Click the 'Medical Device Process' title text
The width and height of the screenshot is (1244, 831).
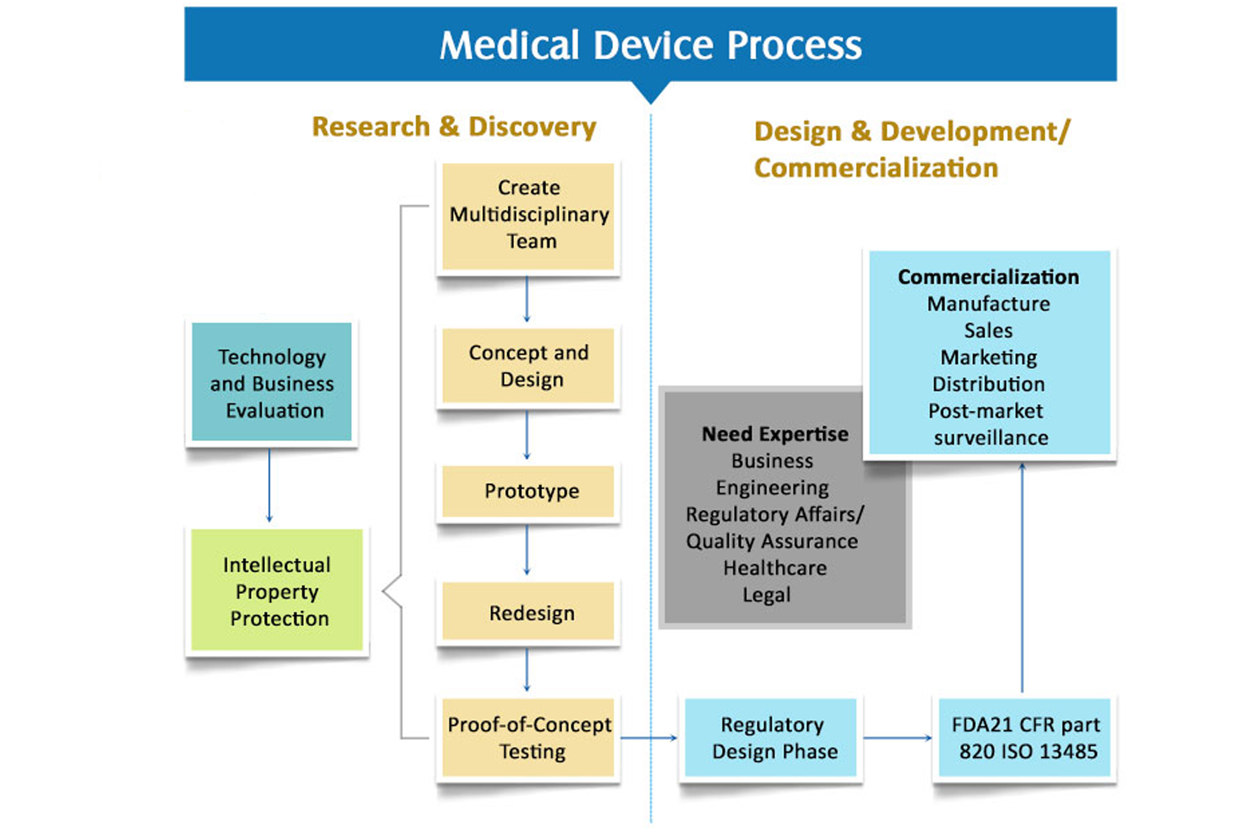650,45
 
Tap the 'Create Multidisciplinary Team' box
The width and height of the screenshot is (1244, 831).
528,216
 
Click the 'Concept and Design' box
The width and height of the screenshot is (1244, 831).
528,366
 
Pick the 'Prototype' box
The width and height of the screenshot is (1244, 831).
528,491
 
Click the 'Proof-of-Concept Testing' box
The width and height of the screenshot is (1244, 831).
528,738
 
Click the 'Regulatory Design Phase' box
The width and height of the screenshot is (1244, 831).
771,738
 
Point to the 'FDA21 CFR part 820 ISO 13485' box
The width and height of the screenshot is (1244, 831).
1024,738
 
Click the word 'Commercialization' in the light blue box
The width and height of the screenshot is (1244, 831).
988,277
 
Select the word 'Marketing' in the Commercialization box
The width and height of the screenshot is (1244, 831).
988,357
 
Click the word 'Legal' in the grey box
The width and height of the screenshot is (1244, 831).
766,595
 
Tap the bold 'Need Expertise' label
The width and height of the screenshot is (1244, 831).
775,434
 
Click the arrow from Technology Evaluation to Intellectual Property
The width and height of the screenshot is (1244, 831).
269,485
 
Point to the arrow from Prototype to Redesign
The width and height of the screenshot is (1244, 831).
526,549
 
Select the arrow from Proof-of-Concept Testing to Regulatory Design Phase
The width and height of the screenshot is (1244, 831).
649,738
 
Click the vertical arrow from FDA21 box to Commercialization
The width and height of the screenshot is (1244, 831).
1022,578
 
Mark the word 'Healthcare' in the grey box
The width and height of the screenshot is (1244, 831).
775,568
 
